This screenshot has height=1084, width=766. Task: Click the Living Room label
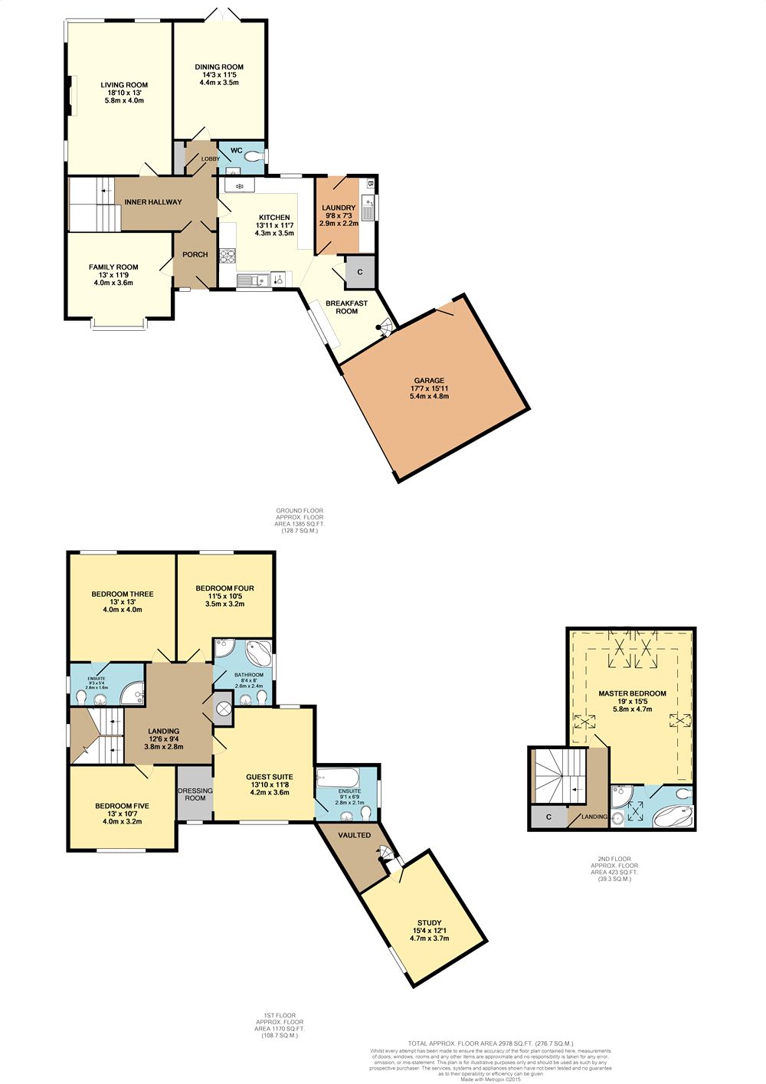coord(124,85)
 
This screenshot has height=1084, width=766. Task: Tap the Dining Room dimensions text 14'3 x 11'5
coord(219,75)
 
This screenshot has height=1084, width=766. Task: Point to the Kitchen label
coord(274,218)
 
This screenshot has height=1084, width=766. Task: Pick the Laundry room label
coord(338,208)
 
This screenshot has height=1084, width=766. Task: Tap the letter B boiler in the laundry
coord(369,184)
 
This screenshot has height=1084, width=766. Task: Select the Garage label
coord(429,381)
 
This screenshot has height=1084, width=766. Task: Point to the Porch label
coord(195,254)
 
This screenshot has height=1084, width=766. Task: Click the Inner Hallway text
coord(153,202)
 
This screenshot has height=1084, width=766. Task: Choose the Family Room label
coord(113,267)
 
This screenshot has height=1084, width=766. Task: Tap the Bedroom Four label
coord(224,588)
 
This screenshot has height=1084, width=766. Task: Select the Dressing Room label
coord(195,794)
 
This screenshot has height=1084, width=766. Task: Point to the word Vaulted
coord(354,835)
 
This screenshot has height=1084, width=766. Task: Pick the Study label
coord(429,923)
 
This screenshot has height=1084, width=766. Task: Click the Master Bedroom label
coord(632,693)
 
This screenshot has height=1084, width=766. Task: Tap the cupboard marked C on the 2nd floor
coord(548,817)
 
